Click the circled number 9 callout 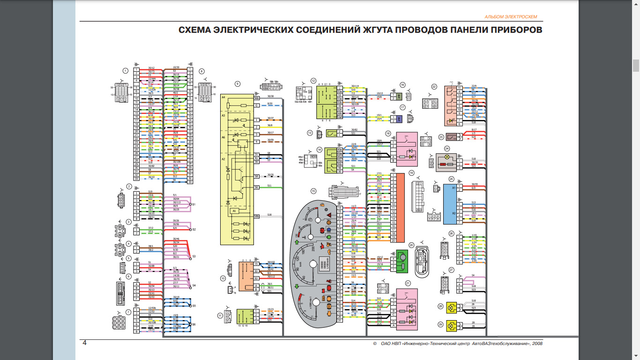(238, 84)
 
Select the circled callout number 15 (313, 191)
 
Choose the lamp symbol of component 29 (452, 325)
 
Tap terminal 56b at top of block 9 (257, 98)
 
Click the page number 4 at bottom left (84, 343)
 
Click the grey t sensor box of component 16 (398, 96)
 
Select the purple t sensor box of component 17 (398, 119)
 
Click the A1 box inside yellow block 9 (235, 211)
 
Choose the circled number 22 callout (434, 86)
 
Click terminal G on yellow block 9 (257, 106)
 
